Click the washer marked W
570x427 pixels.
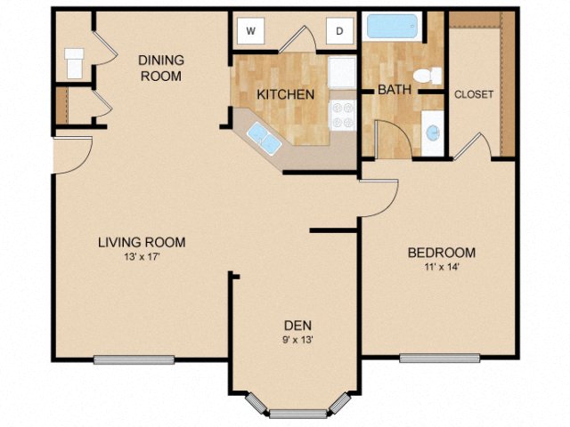click(251, 32)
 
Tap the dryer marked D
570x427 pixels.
click(339, 32)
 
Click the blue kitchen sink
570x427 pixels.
click(262, 135)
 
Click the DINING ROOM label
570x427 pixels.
click(160, 68)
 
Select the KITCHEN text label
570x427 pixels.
click(285, 94)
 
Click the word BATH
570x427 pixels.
click(393, 90)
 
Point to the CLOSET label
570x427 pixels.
click(474, 94)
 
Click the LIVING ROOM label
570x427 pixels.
click(142, 242)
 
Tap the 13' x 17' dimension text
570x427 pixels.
click(142, 257)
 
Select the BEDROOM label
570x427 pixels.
click(441, 253)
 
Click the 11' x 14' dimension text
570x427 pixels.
click(441, 267)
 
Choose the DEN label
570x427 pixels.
click(297, 325)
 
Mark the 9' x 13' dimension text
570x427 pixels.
click(297, 339)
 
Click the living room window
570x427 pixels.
click(134, 359)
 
